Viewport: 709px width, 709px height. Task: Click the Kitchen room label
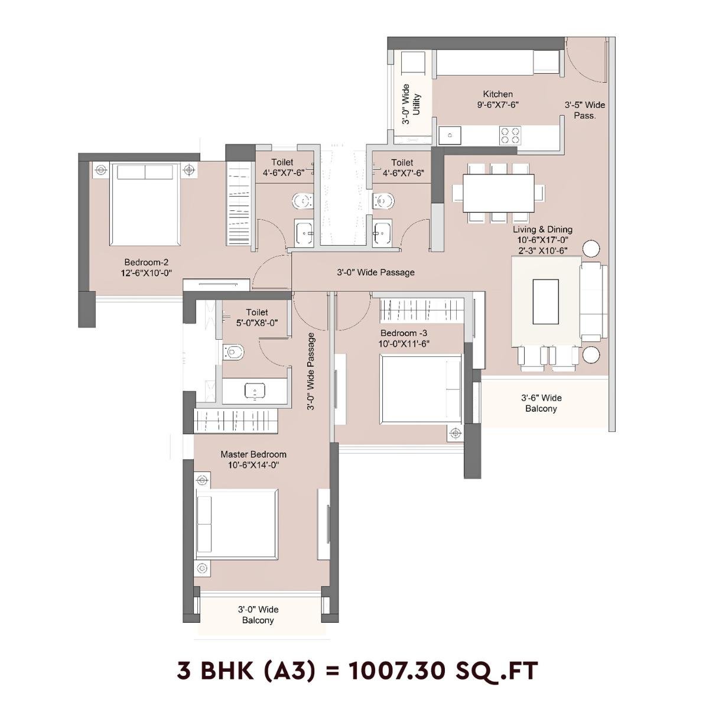(x=497, y=94)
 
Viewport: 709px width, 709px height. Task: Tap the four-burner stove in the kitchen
(x=510, y=135)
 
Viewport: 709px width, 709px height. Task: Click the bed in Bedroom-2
(x=145, y=204)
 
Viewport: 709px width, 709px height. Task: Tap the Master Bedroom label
(x=253, y=454)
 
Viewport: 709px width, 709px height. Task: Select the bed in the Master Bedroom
(x=236, y=523)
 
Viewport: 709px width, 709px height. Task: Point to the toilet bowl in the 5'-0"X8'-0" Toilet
(x=234, y=352)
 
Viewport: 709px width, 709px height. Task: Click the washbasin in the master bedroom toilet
(x=255, y=391)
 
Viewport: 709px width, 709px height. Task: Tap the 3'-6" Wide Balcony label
(x=541, y=403)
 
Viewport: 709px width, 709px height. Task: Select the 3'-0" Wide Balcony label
(x=258, y=614)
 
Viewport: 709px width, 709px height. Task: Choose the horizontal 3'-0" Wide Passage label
(x=375, y=272)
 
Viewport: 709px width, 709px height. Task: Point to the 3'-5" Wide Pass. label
(x=584, y=110)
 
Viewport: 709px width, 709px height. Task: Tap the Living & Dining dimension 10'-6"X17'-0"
(x=542, y=240)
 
